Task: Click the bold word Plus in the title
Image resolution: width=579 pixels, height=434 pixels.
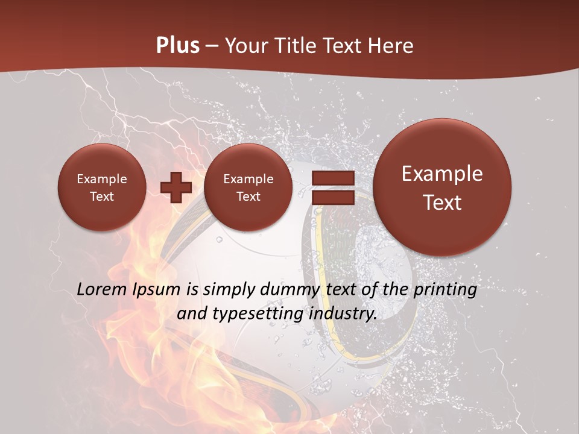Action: tap(178, 46)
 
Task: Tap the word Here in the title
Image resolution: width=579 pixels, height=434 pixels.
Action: tap(392, 46)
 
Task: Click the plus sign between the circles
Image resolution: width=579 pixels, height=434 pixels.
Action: tap(176, 187)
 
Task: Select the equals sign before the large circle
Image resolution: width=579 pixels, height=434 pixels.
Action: tap(333, 187)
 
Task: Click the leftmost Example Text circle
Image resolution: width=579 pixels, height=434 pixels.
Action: tap(101, 187)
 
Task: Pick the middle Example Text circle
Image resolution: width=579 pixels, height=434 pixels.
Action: tap(248, 187)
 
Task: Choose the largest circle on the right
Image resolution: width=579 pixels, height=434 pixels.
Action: tap(442, 187)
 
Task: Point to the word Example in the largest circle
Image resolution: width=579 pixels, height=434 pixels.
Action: tap(442, 174)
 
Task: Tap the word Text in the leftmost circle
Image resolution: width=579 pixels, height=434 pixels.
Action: tap(101, 197)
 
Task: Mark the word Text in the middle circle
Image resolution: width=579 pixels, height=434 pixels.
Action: tap(248, 197)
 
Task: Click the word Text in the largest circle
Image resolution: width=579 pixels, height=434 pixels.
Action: tap(442, 203)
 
